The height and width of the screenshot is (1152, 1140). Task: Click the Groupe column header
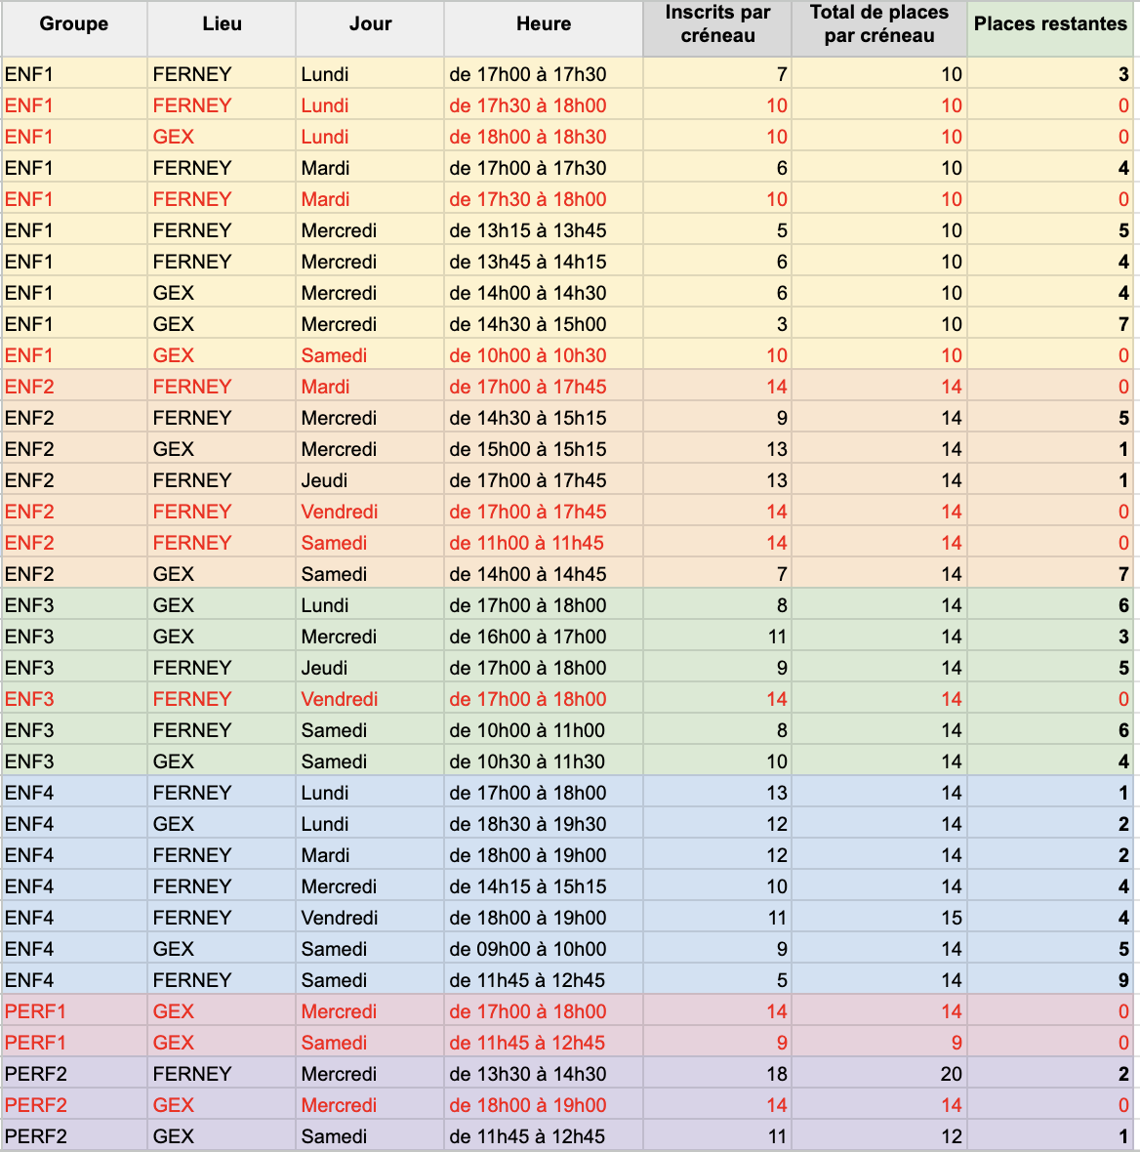click(73, 24)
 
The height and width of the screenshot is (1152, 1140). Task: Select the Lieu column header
click(222, 24)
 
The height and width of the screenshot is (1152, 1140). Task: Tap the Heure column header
click(544, 24)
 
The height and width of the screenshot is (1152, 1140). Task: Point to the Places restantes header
click(1050, 24)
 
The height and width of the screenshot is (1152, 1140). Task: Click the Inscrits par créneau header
click(717, 24)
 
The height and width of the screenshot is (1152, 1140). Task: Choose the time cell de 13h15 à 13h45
click(527, 230)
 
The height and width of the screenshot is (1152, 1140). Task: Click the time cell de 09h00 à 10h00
click(527, 949)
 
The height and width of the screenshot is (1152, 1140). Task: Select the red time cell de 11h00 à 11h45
click(526, 543)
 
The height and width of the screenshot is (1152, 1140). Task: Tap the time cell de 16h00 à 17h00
click(527, 637)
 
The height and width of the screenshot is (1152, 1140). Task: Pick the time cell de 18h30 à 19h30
click(527, 824)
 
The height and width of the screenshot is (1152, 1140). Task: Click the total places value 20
click(952, 1074)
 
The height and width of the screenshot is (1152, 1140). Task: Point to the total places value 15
click(952, 919)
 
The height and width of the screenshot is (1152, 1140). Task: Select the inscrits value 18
click(776, 1074)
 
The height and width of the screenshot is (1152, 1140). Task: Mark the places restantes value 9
click(1123, 980)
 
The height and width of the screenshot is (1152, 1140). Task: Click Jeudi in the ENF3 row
click(324, 668)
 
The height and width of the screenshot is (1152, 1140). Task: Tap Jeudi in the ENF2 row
click(324, 480)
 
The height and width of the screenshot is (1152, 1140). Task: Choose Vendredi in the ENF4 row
click(340, 919)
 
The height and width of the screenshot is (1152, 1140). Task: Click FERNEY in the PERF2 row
click(191, 1074)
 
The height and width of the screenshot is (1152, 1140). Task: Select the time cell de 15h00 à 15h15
click(527, 450)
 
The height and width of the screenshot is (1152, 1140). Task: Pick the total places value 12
click(952, 1136)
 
